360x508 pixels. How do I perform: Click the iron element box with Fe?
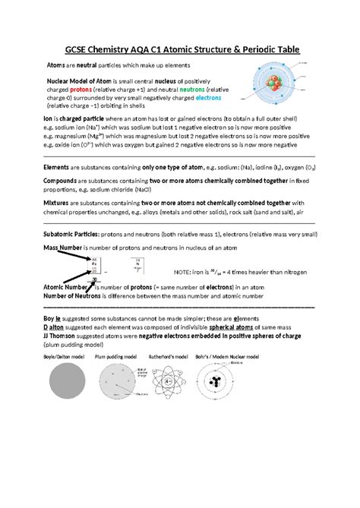coord(95,267)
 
